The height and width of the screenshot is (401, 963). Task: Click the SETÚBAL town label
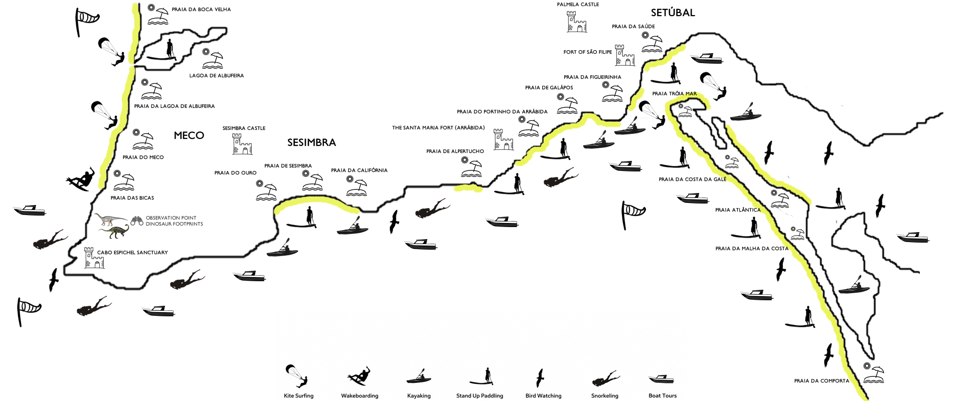tap(673, 13)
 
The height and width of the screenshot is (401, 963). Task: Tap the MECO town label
tap(189, 135)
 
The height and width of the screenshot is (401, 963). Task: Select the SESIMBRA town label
tap(311, 142)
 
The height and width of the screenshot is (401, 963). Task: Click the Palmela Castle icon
tap(577, 22)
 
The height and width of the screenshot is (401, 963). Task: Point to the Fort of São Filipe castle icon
tap(625, 55)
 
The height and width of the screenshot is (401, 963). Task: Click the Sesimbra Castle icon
tap(242, 144)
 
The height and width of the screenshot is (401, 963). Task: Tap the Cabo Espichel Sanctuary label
tap(132, 253)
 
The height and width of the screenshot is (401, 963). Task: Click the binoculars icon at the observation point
tap(137, 221)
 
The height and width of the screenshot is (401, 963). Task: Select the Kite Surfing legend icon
tap(296, 376)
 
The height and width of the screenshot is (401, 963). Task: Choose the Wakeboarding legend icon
tap(359, 375)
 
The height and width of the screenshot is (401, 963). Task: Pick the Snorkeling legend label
tap(605, 396)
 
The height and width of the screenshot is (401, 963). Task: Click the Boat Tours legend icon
tap(661, 379)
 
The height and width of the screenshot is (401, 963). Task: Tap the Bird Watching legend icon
tap(540, 378)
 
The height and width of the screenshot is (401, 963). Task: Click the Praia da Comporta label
tap(822, 381)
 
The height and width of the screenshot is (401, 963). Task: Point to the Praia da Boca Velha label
tap(201, 10)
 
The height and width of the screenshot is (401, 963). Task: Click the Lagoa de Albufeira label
tap(217, 76)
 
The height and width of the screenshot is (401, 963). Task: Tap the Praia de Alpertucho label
tap(455, 151)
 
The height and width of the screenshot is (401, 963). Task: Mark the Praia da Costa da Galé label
tap(693, 179)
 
